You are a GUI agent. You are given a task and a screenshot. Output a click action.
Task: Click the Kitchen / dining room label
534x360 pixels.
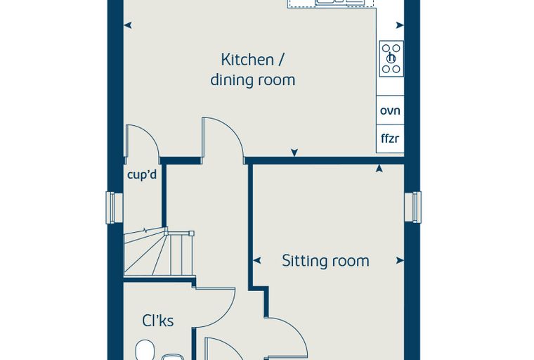click(x=253, y=70)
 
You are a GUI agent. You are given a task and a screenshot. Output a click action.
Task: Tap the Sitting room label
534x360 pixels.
click(x=325, y=261)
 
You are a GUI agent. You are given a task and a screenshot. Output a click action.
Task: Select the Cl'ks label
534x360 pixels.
click(x=157, y=321)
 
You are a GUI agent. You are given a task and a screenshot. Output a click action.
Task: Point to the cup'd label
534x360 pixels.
click(x=142, y=175)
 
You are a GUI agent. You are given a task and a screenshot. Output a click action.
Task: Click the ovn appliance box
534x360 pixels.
click(x=390, y=110)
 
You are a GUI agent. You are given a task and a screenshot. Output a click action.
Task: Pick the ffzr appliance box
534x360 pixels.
click(x=390, y=139)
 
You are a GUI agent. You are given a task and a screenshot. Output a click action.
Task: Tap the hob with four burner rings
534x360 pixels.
click(x=391, y=58)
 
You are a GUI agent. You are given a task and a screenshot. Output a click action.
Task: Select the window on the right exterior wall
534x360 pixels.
click(x=413, y=207)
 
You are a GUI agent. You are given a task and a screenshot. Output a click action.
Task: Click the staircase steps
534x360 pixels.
click(x=159, y=254)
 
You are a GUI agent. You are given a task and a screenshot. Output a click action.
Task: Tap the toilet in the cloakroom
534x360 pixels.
click(x=145, y=349)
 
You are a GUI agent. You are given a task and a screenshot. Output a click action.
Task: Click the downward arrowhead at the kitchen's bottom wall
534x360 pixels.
click(x=294, y=153)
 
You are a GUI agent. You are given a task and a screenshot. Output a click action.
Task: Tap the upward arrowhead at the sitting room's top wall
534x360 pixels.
click(x=379, y=169)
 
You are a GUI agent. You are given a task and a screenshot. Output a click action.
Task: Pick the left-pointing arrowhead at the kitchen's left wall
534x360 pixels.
click(x=128, y=25)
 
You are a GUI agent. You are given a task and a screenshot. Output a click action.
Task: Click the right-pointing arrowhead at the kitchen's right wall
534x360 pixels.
click(x=400, y=25)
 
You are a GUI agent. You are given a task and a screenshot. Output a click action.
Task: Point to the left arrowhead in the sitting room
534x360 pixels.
click(x=257, y=260)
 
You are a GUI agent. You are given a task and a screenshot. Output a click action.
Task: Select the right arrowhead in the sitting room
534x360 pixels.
click(x=400, y=260)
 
